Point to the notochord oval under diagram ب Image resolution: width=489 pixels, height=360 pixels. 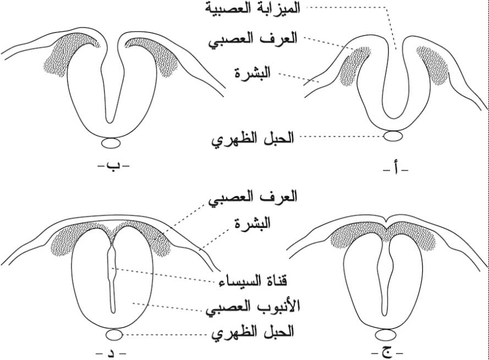(x=112, y=143)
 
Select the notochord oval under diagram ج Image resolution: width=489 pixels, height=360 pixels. (x=388, y=335)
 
